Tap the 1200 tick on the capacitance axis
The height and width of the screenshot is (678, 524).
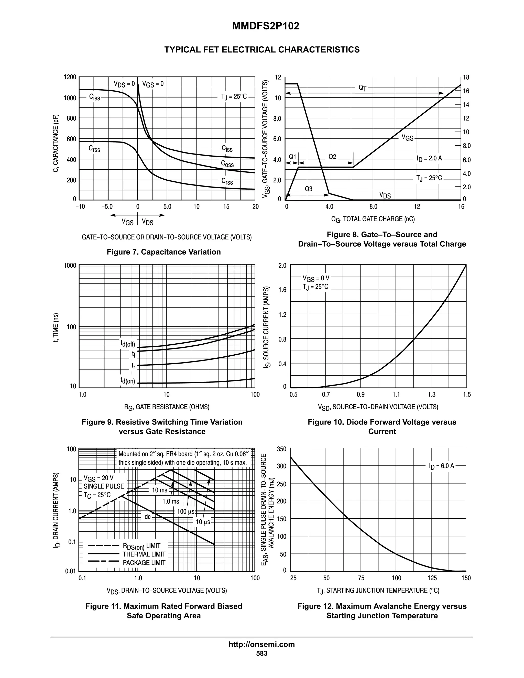70,77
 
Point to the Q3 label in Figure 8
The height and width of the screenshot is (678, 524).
309,189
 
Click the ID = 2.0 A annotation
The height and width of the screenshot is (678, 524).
429,158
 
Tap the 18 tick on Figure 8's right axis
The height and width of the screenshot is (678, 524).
466,77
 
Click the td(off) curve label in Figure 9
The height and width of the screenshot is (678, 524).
128,343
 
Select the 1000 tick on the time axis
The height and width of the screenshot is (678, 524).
70,265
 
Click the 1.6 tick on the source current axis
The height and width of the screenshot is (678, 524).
282,290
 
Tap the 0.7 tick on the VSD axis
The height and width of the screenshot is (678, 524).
326,395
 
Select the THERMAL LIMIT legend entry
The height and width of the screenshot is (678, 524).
144,554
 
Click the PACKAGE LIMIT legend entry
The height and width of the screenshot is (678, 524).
144,563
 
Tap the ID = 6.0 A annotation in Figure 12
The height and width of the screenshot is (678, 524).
441,466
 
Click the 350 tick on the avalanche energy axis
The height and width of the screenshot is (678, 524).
281,449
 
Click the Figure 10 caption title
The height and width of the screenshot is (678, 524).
382,427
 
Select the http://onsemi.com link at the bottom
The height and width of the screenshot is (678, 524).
261,644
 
